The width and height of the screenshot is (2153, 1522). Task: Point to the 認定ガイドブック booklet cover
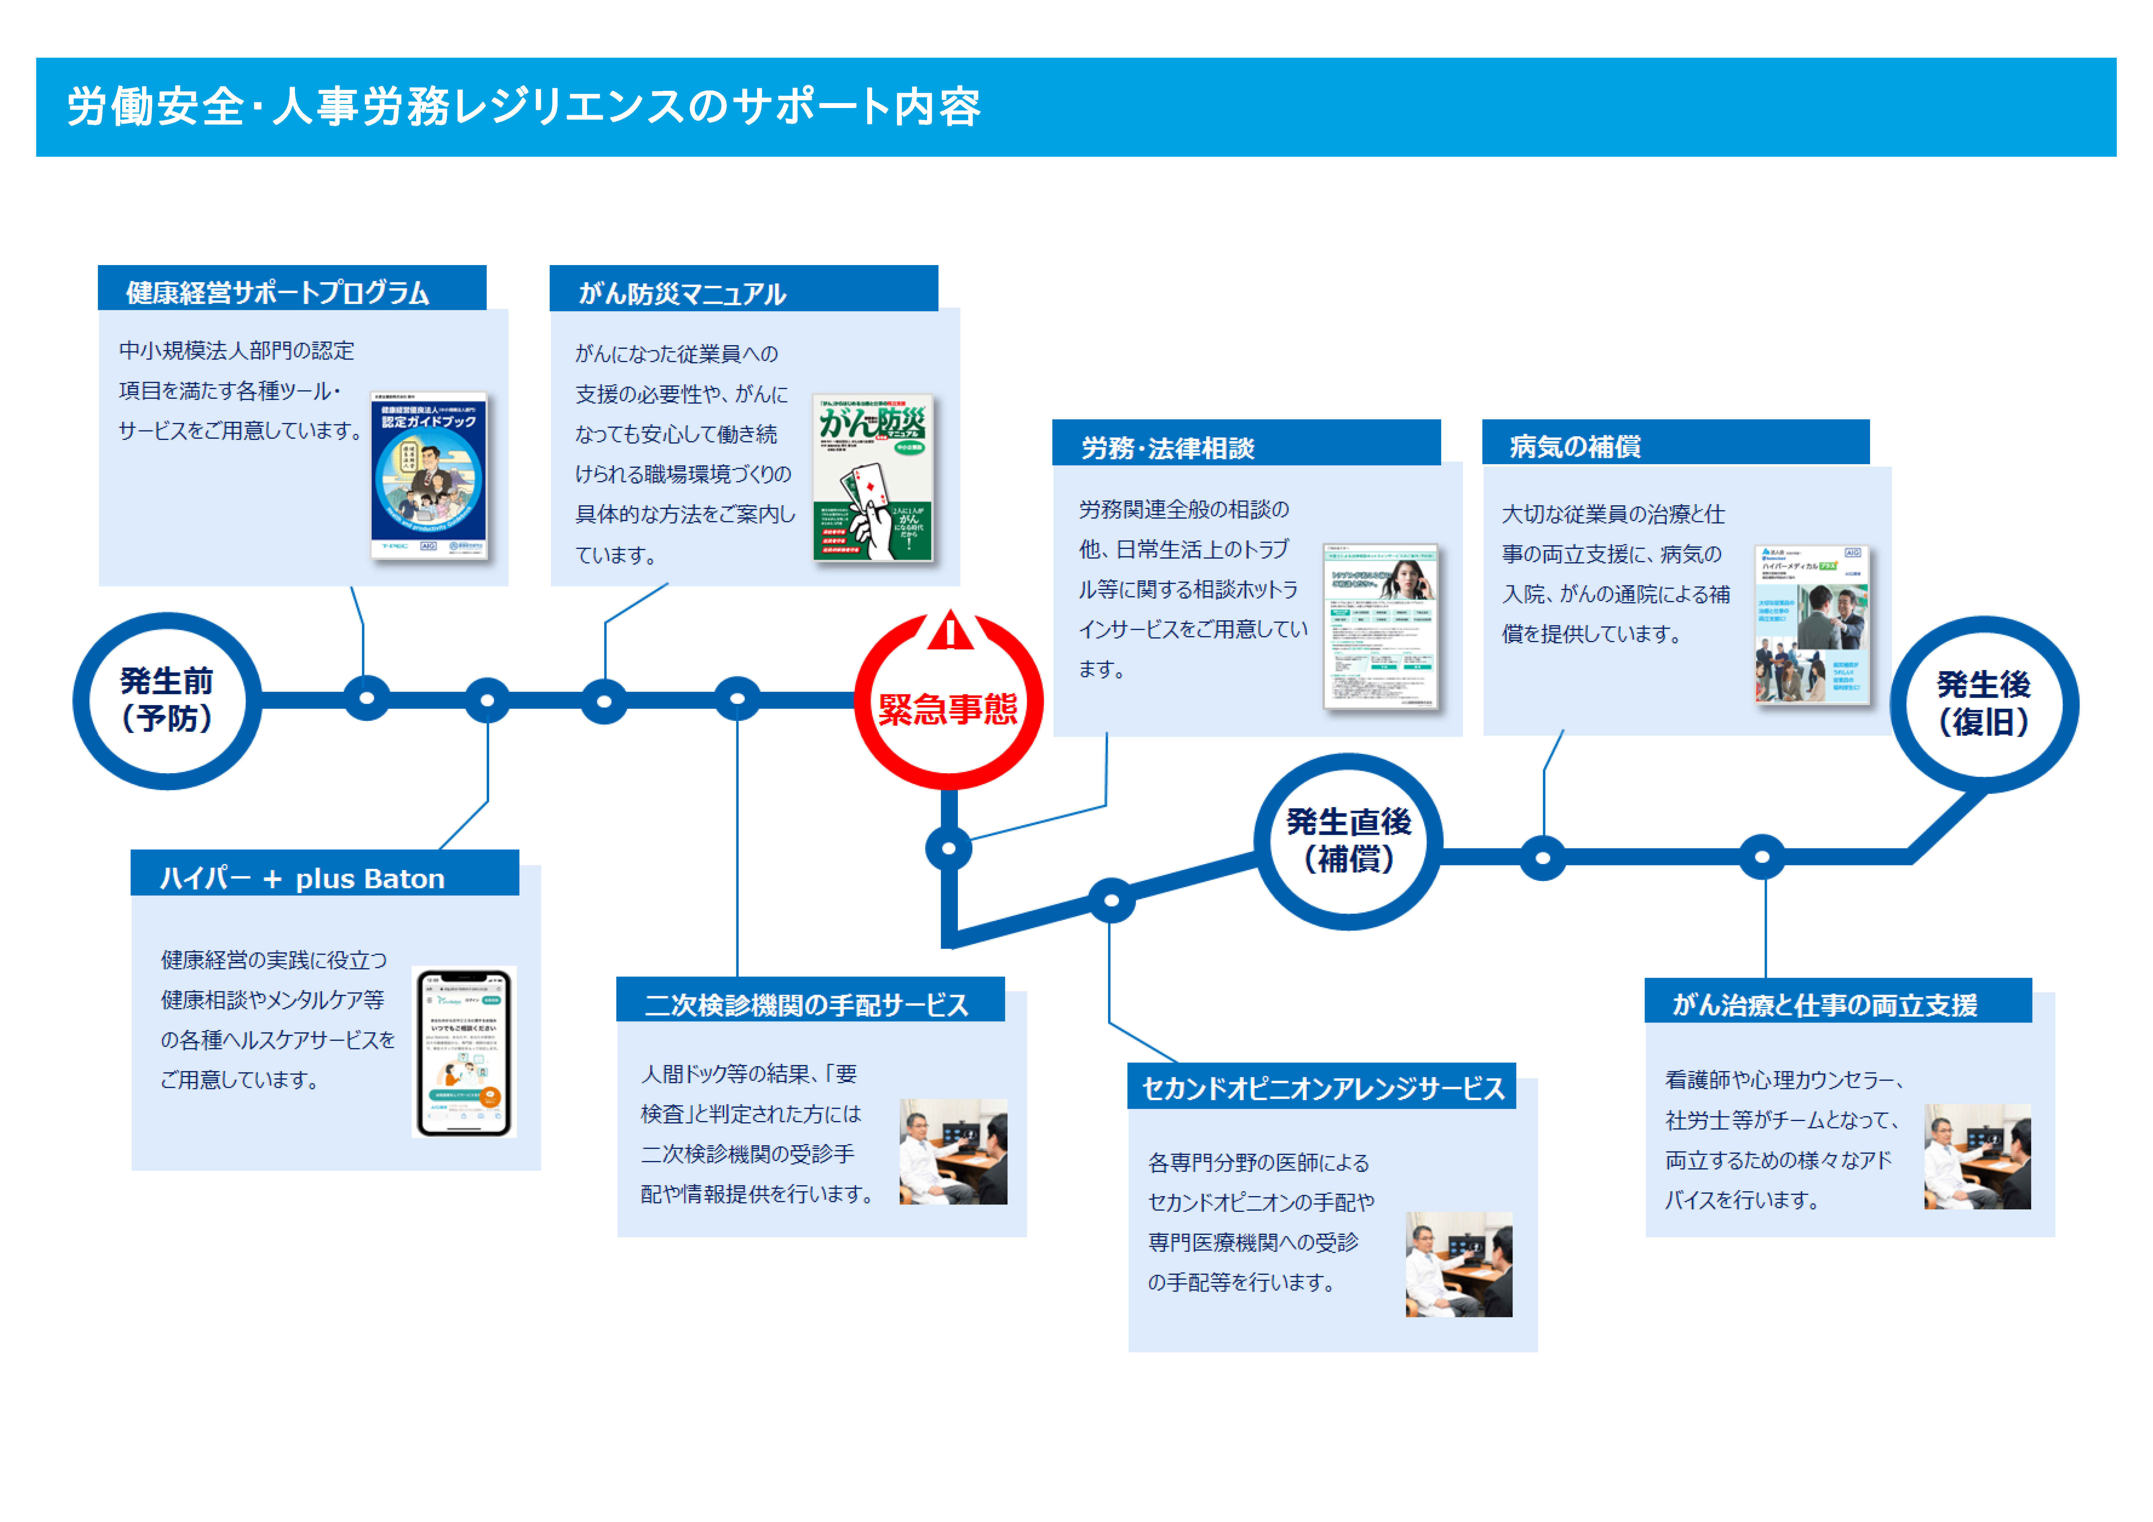428,476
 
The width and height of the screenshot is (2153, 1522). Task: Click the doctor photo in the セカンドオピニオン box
1458,1264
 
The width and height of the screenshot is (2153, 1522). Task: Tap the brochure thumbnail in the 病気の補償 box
1812,625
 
